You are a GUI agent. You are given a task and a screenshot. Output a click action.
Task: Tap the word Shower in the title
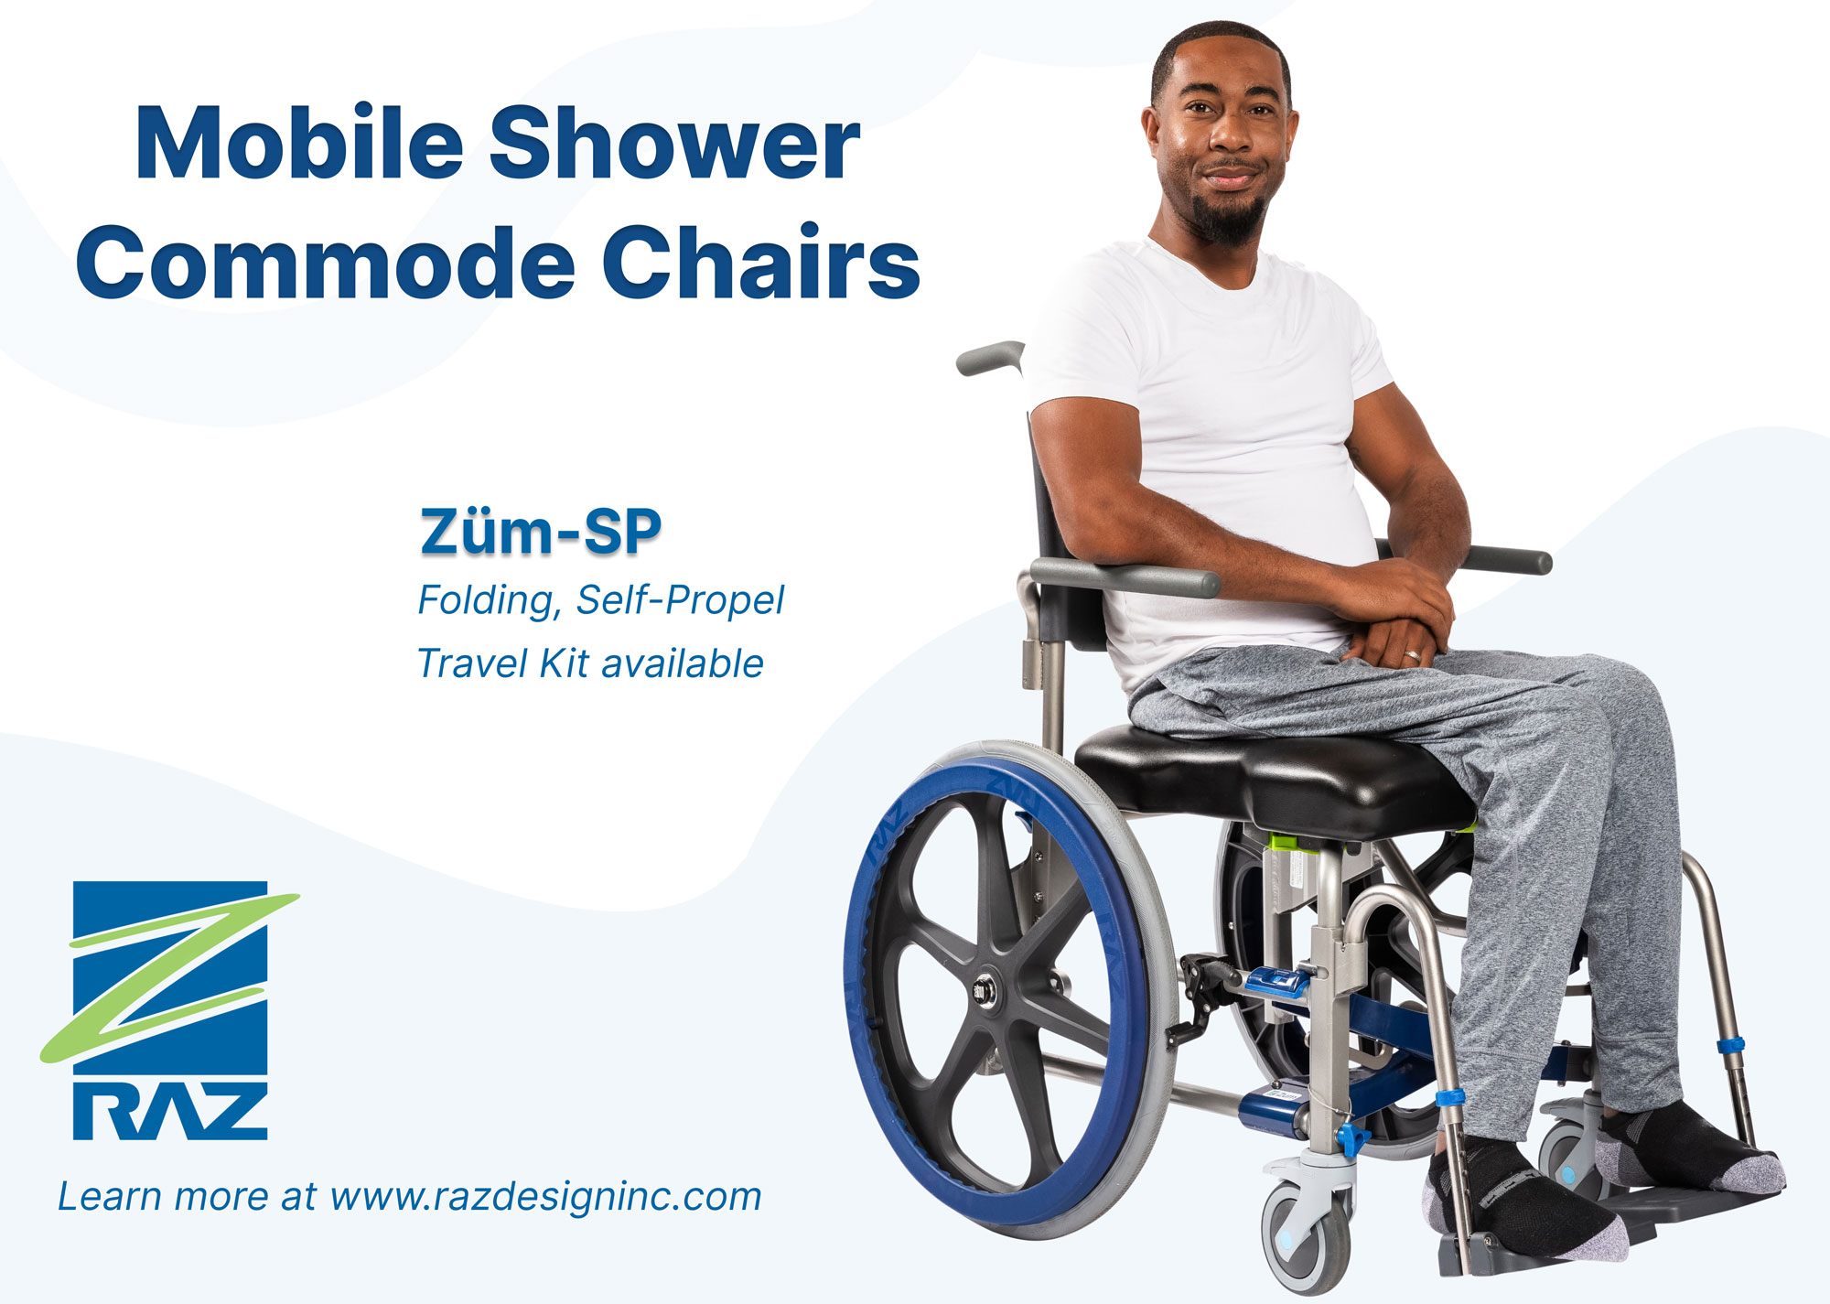click(x=674, y=143)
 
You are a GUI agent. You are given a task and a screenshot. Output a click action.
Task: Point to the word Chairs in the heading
click(x=761, y=262)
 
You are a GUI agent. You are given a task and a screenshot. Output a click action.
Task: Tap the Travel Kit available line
click(x=590, y=663)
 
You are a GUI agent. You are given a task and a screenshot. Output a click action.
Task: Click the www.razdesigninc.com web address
click(x=545, y=1197)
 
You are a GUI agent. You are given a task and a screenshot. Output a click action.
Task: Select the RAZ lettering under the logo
click(x=170, y=1111)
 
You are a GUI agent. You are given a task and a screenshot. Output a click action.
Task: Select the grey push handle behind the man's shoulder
click(x=989, y=357)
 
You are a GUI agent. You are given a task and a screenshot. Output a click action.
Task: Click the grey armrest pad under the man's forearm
click(x=1125, y=577)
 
